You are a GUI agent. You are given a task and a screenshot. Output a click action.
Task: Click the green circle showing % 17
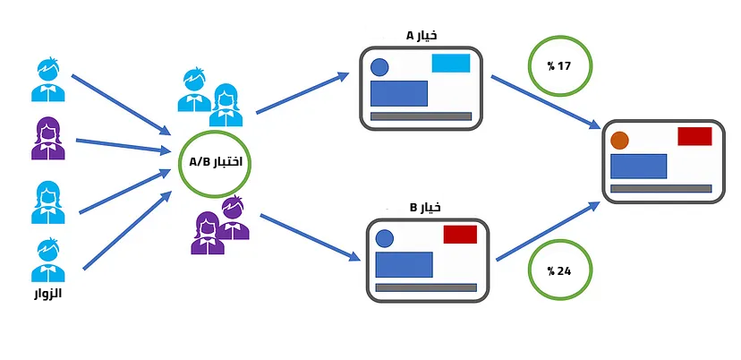[564, 65]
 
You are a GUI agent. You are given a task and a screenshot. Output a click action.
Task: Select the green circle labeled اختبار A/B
[215, 163]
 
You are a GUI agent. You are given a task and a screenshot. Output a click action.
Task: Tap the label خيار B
[425, 208]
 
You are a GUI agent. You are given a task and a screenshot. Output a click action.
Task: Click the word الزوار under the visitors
[45, 293]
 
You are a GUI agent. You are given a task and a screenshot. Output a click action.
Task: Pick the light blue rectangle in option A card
[450, 63]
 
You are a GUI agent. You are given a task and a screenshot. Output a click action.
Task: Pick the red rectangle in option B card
[460, 235]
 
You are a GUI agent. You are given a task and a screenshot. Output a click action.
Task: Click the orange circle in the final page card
[619, 141]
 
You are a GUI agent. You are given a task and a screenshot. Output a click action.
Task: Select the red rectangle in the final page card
[694, 136]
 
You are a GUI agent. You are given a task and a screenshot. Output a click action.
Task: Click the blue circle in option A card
[379, 66]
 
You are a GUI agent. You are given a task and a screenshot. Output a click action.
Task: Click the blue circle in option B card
[385, 238]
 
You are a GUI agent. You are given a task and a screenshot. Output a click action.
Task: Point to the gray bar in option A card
[421, 116]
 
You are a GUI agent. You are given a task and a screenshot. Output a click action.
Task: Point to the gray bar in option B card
[425, 287]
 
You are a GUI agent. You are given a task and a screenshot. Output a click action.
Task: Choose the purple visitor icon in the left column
[47, 139]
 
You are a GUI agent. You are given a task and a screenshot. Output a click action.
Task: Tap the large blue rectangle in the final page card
[638, 166]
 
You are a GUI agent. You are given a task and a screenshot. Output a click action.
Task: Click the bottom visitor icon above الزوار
[47, 260]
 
